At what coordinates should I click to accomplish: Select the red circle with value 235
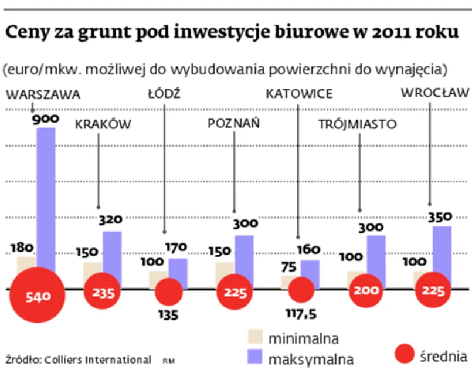click(103, 291)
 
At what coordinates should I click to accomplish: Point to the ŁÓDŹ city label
click(164, 94)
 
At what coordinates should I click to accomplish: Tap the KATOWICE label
click(299, 94)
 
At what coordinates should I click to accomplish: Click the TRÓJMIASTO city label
click(358, 124)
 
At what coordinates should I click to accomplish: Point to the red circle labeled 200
click(368, 291)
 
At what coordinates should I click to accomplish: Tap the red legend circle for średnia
click(405, 354)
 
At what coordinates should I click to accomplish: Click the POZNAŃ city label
click(235, 124)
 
